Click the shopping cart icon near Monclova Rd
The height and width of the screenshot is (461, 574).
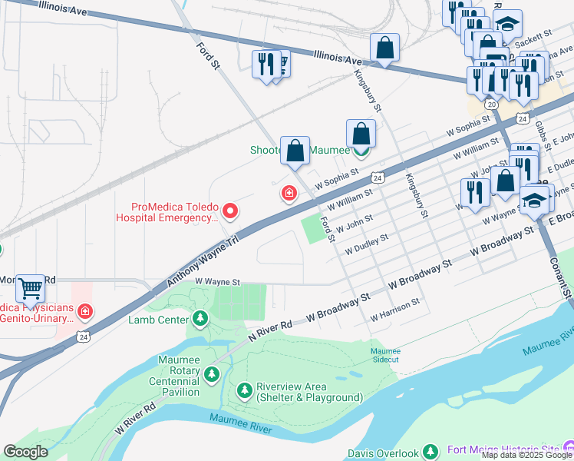click(x=30, y=290)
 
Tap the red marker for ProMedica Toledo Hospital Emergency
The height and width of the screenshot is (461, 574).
click(x=229, y=210)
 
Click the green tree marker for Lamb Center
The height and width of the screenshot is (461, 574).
click(x=200, y=318)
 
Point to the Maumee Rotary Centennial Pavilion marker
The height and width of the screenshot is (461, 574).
click(x=212, y=375)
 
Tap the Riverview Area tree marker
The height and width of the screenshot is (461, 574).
click(x=245, y=392)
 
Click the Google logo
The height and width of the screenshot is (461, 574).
click(x=25, y=452)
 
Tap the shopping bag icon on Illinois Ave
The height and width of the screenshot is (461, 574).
click(x=384, y=48)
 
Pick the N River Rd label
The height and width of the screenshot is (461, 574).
click(x=270, y=331)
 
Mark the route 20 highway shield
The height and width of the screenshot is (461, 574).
click(x=491, y=104)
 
